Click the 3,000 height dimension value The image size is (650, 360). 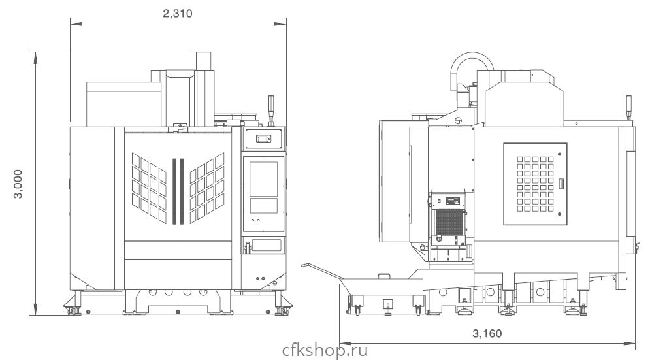pos(19,185)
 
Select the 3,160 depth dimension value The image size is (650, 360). pos(487,334)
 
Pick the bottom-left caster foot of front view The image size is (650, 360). pos(71,310)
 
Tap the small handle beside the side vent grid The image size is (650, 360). pos(561,185)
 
